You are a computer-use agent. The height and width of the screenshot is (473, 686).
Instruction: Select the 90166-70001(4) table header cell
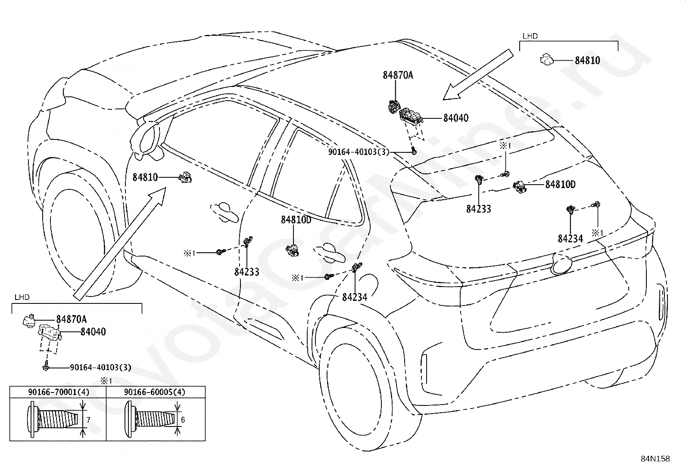(58, 392)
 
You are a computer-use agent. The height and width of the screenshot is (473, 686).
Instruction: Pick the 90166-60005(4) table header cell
(156, 392)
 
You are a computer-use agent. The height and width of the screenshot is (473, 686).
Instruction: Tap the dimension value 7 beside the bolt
(88, 420)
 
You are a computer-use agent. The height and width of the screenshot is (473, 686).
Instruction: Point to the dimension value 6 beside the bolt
(183, 420)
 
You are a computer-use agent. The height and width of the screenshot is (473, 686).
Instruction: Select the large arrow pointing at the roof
(478, 74)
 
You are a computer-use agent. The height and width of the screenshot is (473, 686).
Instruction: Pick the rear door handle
(329, 254)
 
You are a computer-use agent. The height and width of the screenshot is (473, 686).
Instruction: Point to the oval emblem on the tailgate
(561, 264)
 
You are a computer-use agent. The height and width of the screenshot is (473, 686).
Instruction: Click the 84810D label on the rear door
(296, 219)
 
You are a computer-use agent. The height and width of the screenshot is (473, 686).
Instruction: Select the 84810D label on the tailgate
(561, 185)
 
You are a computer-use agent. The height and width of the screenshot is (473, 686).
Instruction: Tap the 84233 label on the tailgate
(479, 209)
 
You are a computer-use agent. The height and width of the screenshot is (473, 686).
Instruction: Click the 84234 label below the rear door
(355, 297)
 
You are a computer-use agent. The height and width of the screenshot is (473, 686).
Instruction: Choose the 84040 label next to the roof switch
(456, 118)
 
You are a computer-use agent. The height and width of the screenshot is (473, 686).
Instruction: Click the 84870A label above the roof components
(398, 75)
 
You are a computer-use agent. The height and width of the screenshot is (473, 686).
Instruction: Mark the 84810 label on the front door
(145, 177)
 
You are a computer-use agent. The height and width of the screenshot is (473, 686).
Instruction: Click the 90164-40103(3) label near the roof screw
(359, 152)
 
